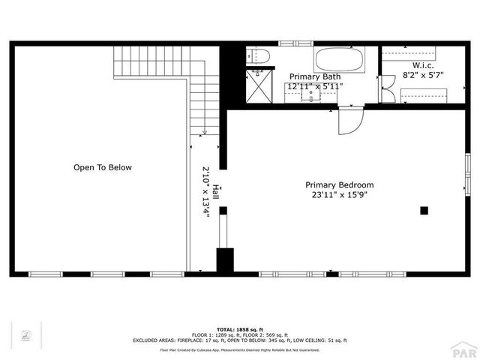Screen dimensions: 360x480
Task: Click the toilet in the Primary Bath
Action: [257, 56]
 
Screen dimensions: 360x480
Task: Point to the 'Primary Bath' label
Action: [315, 76]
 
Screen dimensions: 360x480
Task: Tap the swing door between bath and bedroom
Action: [349, 120]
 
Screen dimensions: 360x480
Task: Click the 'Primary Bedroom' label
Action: [339, 184]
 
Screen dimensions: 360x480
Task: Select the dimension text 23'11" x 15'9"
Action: [339, 195]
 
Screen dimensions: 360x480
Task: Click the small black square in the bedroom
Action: [424, 211]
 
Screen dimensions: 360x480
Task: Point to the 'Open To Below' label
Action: [102, 167]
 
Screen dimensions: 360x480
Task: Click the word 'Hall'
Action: [216, 192]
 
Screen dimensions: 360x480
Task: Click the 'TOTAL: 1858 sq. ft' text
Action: [240, 329]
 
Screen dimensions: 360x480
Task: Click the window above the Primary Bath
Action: [289, 43]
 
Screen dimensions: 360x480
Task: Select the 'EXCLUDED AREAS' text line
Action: [240, 340]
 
